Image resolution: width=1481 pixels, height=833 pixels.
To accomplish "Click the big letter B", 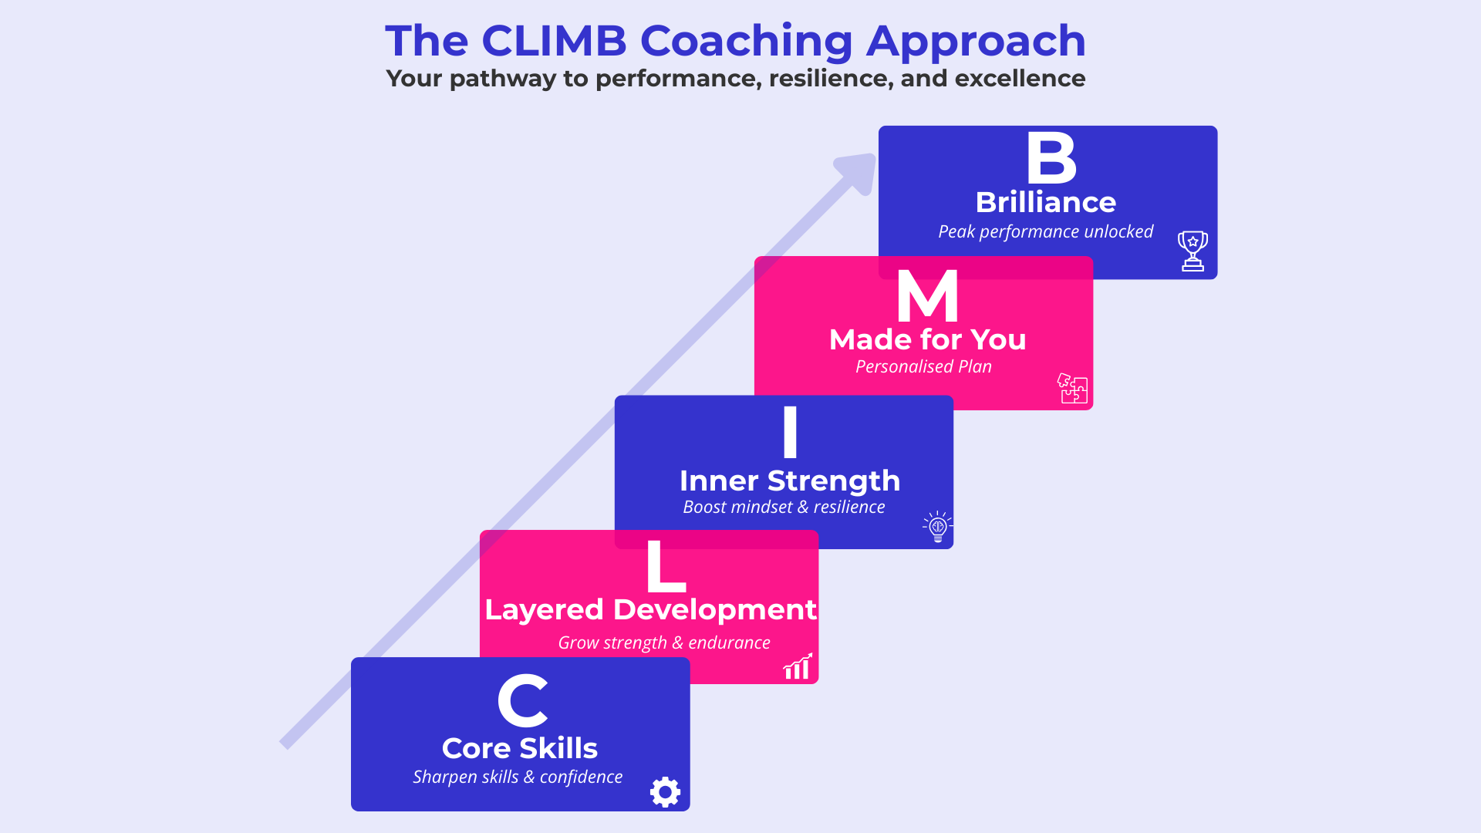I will [1051, 158].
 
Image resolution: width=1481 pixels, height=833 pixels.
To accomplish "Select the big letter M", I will [927, 297].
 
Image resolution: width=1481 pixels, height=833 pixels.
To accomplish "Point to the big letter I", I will [790, 432].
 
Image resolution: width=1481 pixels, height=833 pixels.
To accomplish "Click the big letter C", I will [522, 701].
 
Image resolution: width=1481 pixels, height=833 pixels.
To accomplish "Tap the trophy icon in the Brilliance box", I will [1193, 251].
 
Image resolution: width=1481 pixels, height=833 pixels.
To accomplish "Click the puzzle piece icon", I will [1072, 388].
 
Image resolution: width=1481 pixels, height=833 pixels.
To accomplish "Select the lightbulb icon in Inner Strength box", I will [938, 528].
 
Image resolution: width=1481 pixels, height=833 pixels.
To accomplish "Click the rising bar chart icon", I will [798, 666].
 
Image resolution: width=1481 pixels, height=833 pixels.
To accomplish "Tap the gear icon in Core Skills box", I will [665, 792].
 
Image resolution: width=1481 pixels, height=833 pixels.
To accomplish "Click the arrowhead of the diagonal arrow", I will [859, 170].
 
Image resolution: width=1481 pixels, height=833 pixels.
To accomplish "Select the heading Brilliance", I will [1045, 202].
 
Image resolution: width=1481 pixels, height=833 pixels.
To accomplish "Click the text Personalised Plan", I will [923, 367].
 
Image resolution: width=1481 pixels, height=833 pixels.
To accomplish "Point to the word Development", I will [714, 610].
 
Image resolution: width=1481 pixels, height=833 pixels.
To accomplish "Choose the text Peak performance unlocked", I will [1045, 232].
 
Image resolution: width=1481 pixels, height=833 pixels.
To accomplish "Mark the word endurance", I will [729, 643].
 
